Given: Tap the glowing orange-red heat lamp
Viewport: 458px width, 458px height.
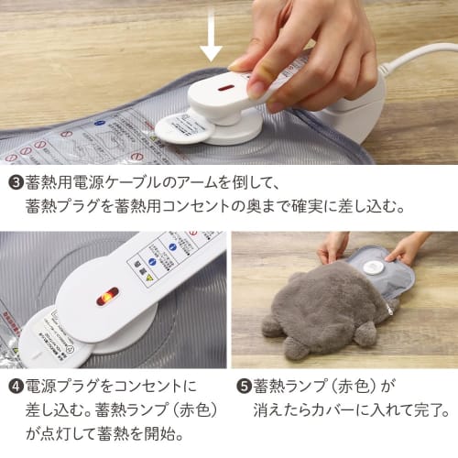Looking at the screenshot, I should pyautogui.click(x=105, y=296).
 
